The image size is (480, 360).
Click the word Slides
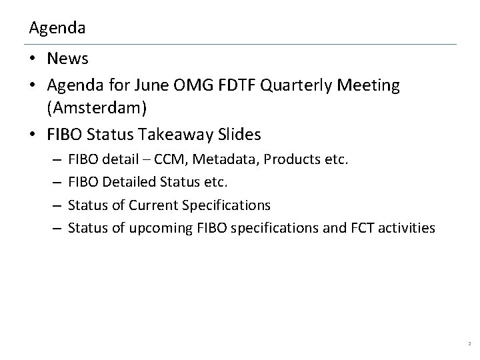click(x=239, y=134)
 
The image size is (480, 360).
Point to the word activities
click(x=409, y=228)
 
